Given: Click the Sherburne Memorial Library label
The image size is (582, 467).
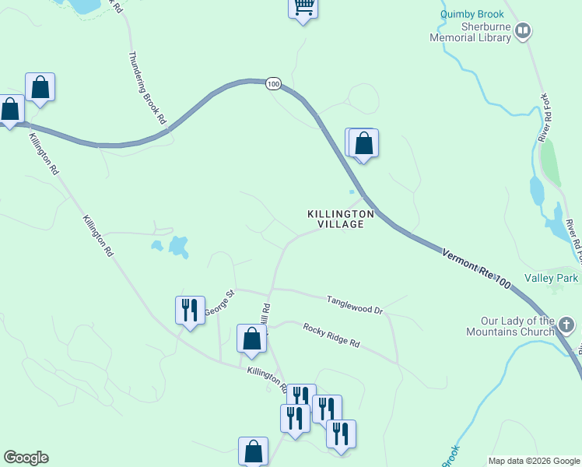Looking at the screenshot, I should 474,31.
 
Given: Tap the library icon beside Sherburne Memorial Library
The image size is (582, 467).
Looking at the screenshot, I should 523,31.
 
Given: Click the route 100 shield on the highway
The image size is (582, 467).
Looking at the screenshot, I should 272,84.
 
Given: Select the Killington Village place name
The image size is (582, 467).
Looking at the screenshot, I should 341,219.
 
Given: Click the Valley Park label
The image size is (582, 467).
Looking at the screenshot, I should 551,278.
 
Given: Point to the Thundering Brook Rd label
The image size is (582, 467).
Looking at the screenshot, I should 146,89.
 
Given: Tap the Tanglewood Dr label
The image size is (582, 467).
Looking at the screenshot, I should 355,304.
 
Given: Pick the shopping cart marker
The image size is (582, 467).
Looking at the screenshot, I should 303,8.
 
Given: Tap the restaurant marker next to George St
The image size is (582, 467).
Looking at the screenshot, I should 190,311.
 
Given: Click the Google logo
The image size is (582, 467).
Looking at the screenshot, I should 26,458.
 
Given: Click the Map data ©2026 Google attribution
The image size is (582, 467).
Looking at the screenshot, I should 534,461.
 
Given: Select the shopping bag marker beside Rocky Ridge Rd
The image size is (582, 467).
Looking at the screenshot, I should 251,339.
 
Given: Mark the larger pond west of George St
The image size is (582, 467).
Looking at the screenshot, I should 179,247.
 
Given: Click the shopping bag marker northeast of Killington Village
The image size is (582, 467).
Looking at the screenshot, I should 363,143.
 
